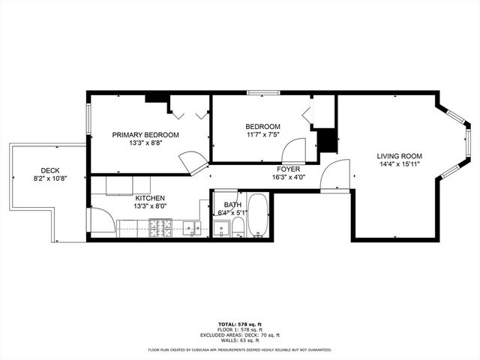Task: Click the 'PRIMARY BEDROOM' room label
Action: click(145, 135)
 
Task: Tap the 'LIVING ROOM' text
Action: click(398, 157)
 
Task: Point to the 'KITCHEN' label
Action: click(150, 198)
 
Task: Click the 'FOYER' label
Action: click(288, 169)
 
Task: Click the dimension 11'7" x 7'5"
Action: click(262, 135)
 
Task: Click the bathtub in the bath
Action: click(257, 215)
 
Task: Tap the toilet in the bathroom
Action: click(238, 226)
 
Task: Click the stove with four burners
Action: click(160, 228)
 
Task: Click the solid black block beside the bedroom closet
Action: click(326, 141)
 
